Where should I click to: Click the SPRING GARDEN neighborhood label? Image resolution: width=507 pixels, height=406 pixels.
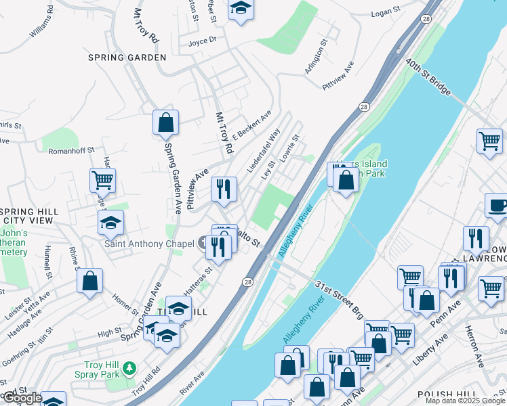(127, 58)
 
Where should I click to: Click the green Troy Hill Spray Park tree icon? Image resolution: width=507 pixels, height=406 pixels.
(129, 369)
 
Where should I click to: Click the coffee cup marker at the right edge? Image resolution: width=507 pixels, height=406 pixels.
(497, 205)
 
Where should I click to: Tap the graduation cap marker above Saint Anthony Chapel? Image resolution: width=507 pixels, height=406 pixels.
(111, 222)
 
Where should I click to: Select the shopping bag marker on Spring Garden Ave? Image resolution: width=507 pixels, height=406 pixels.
(165, 124)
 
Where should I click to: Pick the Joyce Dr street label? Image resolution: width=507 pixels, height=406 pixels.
(203, 41)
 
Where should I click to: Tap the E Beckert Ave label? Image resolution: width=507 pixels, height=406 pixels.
(251, 123)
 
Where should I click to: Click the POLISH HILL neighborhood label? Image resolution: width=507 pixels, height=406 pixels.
(445, 394)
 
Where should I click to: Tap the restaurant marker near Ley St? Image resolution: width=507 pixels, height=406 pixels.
(224, 189)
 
